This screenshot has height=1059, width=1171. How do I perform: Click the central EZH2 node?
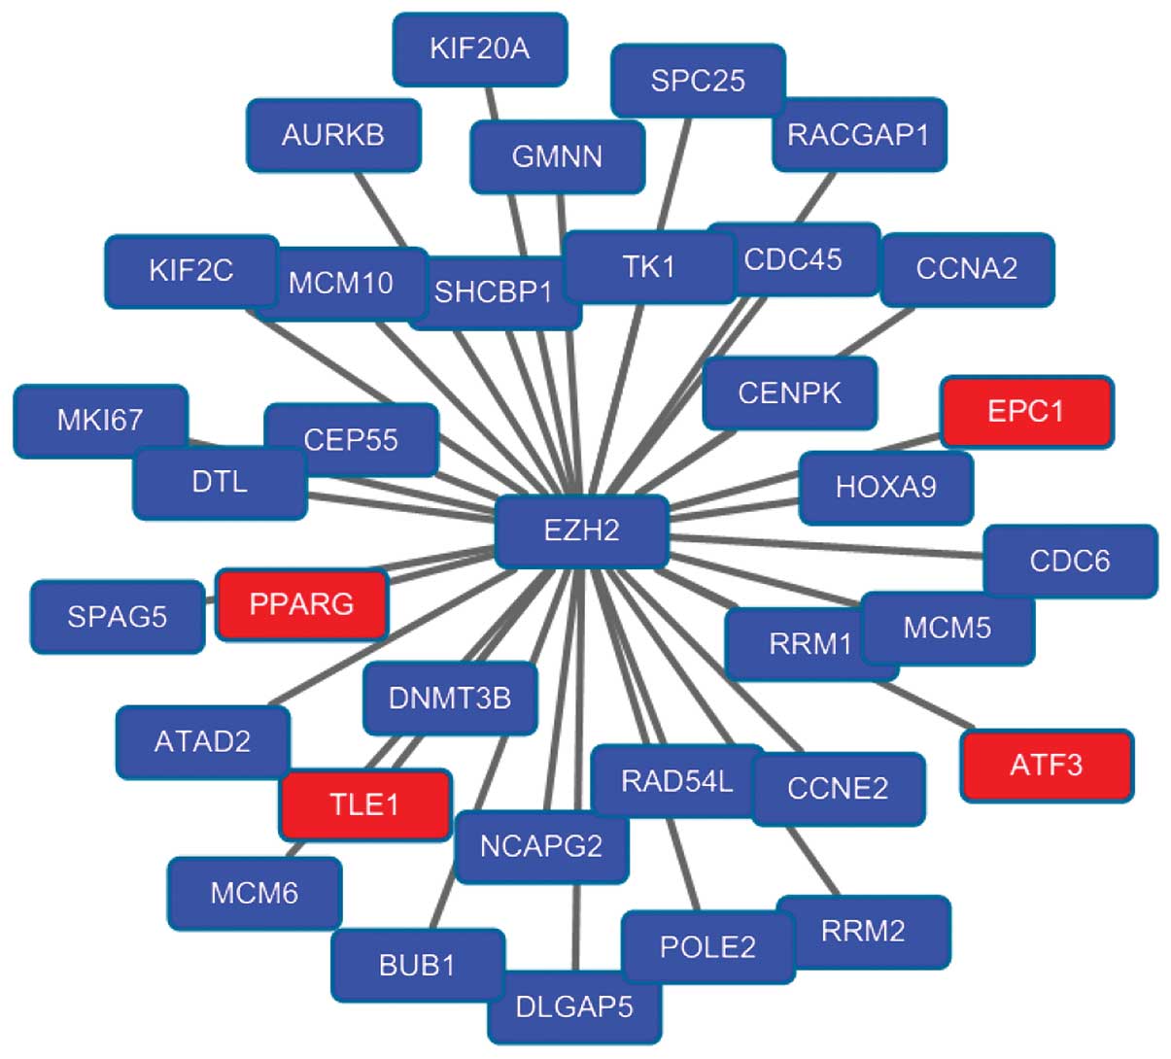tap(581, 530)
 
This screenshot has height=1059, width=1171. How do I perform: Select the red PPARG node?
tap(301, 604)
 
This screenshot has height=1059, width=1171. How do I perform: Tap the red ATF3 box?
tap(1047, 766)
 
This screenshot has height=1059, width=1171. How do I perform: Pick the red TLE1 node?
tap(365, 804)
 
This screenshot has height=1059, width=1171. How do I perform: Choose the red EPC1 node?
tap(1026, 411)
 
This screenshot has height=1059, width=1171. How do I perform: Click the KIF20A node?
tap(479, 49)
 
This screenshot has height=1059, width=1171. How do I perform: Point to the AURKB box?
tap(333, 135)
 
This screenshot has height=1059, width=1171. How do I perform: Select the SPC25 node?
tap(698, 81)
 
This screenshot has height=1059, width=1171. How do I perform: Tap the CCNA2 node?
tap(967, 268)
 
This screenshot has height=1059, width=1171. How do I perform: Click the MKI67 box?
tap(100, 421)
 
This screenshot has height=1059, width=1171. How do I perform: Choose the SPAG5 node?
tap(118, 616)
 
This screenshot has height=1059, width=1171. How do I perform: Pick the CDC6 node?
tap(1069, 561)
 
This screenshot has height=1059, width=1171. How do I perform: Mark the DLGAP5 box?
tap(574, 1007)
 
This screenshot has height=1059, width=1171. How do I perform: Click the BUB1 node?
tap(417, 966)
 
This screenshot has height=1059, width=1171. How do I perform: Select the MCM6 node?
tap(255, 893)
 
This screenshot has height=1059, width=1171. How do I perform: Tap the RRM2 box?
tap(863, 932)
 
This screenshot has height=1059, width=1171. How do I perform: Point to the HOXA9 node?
tap(885, 486)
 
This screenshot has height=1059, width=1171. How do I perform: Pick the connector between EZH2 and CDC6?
tap(826, 548)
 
